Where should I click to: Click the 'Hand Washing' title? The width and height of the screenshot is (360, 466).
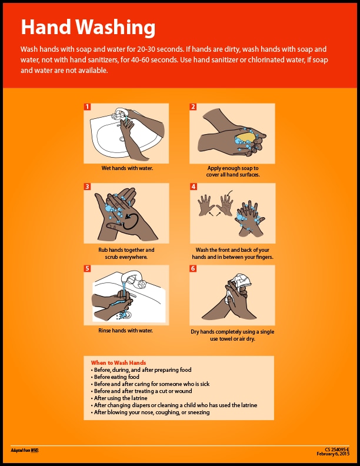coord(88,27)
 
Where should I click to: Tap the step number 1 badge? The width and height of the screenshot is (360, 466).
coord(87,106)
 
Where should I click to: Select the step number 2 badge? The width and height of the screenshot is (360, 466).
coord(192,106)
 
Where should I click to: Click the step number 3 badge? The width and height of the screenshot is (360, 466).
coord(87,187)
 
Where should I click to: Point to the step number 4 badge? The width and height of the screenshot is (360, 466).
coord(192,187)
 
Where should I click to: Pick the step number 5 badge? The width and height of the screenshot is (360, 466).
coord(87,268)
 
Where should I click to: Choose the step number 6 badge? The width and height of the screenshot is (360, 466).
coord(192,268)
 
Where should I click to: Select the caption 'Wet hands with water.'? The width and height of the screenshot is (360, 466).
coord(127,168)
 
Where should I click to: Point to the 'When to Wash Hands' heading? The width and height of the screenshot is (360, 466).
coord(118,362)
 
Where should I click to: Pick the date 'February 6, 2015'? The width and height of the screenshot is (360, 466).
coord(333,454)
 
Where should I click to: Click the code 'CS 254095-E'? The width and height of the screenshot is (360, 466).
coord(337,449)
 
